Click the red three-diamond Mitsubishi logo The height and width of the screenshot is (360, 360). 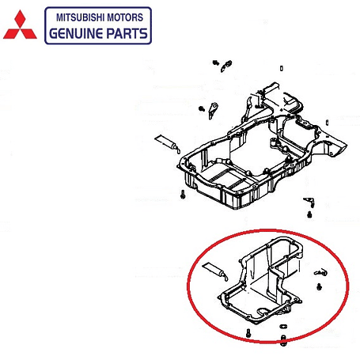coord(20,25)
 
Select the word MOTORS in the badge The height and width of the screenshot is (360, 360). coord(125,17)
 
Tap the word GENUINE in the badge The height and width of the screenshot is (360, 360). coord(76,33)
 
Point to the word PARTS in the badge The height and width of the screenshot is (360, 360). coord(127,33)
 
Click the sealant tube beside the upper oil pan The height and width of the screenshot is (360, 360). coord(168,143)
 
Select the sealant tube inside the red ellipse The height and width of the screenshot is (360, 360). coord(215,271)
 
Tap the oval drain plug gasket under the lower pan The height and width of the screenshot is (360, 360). coord(283,327)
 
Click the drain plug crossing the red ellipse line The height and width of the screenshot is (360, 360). coord(283,340)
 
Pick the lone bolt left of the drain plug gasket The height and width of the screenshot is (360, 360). coord(248,333)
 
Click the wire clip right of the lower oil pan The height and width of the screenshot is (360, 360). coord(320,272)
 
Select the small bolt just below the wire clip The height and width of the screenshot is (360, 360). coord(319,286)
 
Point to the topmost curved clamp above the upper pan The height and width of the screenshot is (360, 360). coord(226,66)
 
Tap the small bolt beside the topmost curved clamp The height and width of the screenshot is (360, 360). coord(215,63)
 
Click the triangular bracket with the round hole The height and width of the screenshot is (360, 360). coord(213,111)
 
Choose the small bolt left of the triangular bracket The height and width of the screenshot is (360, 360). coord(202,108)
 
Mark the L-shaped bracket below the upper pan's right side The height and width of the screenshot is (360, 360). coord(309,202)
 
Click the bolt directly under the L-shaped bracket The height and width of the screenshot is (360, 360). coord(309,214)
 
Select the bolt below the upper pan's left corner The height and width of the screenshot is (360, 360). coord(183,195)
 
